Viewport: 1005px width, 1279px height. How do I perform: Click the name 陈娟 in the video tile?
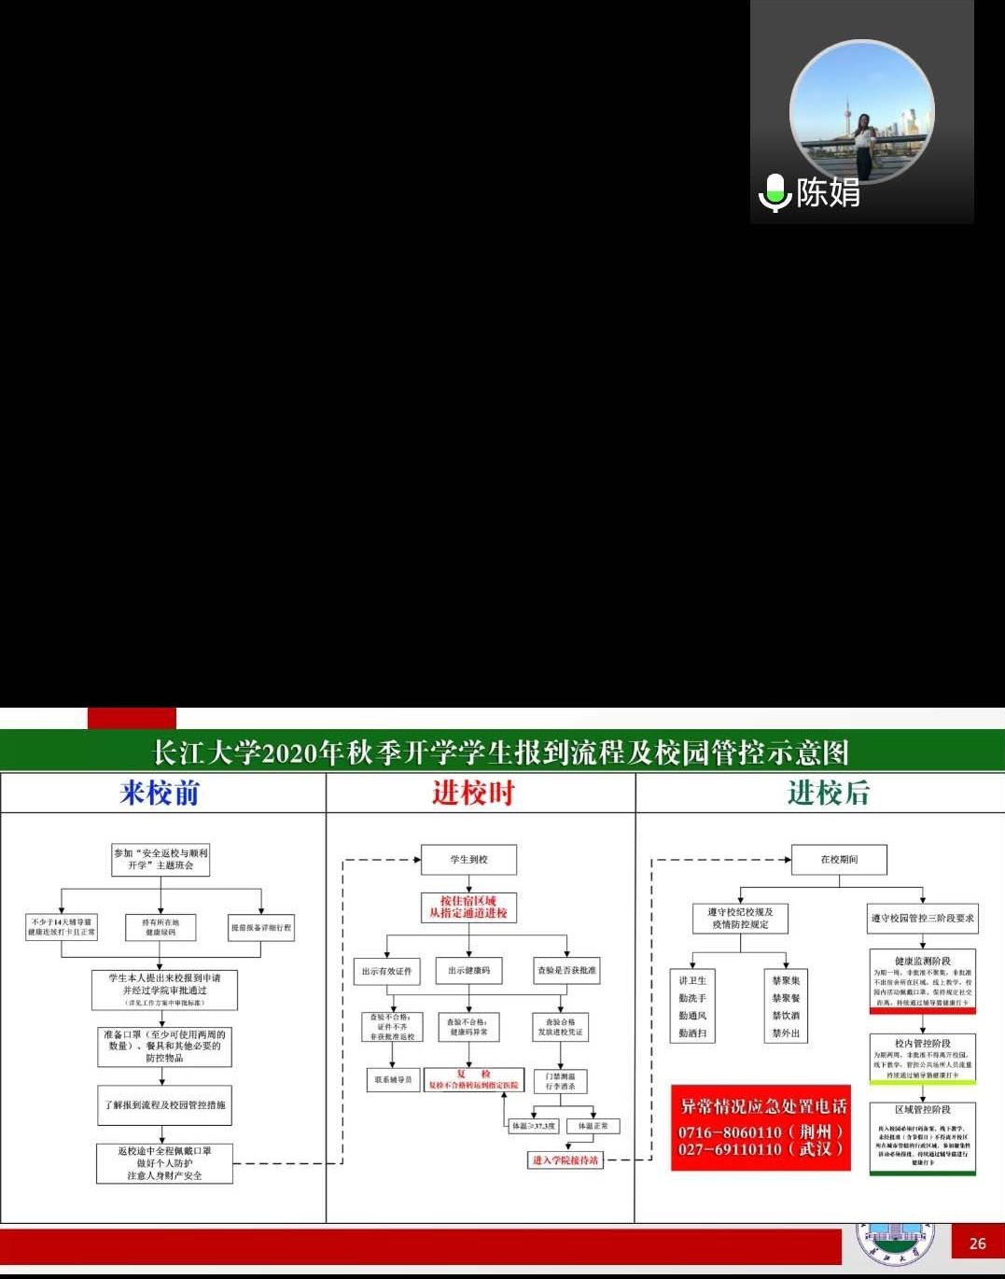tap(828, 192)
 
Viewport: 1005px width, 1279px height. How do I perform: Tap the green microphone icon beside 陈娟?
tap(775, 192)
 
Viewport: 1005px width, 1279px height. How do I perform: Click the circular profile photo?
tap(861, 112)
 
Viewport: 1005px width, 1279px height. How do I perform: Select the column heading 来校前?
tap(160, 793)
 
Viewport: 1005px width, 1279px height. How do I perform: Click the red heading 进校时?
tap(473, 793)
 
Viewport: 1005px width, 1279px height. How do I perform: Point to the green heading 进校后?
tap(828, 793)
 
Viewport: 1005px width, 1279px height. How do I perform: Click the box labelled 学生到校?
tap(469, 860)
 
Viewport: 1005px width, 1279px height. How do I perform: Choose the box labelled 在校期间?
tap(839, 860)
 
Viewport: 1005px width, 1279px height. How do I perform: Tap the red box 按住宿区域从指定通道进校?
tap(468, 907)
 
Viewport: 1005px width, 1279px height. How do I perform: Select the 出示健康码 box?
tap(468, 971)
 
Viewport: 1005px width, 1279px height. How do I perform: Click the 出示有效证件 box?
tap(386, 971)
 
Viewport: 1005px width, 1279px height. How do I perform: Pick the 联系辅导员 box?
tap(393, 1080)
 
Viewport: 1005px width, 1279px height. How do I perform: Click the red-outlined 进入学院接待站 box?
tap(565, 1160)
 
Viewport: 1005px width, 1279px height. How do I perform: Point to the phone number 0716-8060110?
tap(730, 1131)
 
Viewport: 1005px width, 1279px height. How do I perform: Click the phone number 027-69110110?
tap(730, 1149)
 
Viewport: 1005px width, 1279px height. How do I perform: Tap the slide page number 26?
tap(977, 1244)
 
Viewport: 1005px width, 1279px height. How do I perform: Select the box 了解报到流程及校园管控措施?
tap(164, 1105)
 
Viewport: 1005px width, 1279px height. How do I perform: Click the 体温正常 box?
tap(593, 1127)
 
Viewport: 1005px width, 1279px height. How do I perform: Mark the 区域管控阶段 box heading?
tap(922, 1110)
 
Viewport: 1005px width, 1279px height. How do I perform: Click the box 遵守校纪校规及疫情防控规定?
tap(740, 918)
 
